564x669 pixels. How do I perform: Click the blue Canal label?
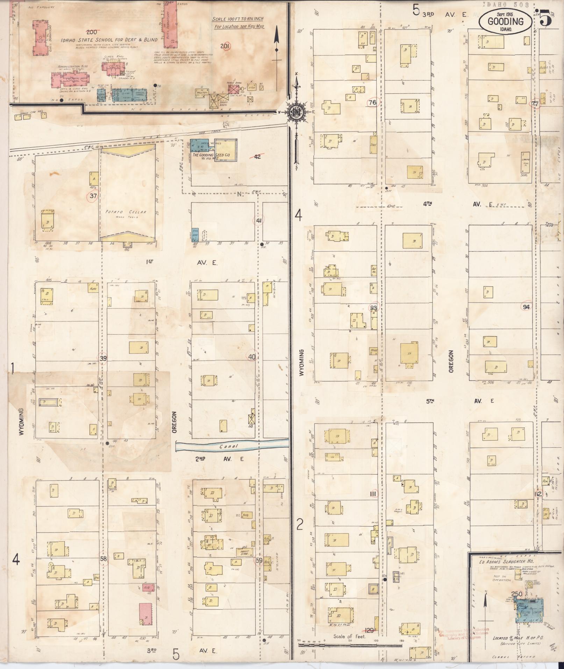pyautogui.click(x=229, y=446)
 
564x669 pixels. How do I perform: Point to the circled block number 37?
pyautogui.click(x=93, y=196)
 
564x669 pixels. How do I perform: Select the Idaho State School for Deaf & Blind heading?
pyautogui.click(x=109, y=40)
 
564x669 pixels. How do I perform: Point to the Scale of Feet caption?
pyautogui.click(x=349, y=636)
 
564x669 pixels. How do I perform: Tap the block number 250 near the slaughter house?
pyautogui.click(x=516, y=594)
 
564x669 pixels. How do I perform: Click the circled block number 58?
pyautogui.click(x=103, y=558)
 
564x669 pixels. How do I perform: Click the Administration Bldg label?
pyautogui.click(x=73, y=66)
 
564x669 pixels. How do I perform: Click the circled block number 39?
pyautogui.click(x=103, y=358)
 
